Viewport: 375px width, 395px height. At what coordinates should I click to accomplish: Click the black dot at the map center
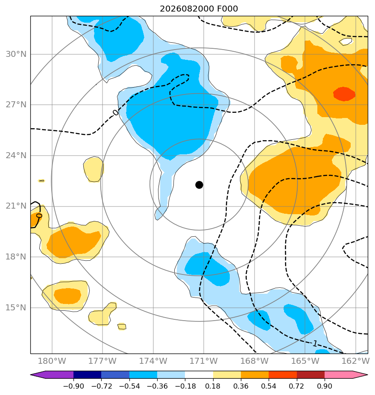199,185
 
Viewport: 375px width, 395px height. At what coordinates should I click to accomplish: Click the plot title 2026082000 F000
199,9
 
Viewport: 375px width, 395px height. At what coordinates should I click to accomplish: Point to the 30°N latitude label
16,54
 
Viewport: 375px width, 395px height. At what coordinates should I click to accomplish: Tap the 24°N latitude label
16,156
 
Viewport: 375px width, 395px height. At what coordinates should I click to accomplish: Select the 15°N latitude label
16,308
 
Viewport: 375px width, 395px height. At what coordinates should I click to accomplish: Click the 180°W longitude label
52,361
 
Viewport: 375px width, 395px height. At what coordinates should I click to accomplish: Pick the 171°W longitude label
203,361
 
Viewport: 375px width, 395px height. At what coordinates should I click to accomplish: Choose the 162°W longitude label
355,361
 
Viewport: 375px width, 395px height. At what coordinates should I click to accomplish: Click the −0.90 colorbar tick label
73,386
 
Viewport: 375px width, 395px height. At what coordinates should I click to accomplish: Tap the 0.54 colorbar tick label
269,386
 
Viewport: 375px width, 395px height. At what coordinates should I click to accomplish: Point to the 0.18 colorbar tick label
213,386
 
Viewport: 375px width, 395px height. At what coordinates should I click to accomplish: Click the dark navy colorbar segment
87,375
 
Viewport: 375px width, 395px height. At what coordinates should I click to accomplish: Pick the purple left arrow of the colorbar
52,375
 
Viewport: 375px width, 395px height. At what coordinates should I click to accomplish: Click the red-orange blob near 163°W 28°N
344,94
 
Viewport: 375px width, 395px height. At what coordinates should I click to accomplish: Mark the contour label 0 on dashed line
115,112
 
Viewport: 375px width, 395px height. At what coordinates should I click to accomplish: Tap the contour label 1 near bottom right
315,343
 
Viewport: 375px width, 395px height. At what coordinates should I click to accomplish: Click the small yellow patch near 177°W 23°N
94,169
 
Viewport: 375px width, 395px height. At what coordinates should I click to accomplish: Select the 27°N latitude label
16,105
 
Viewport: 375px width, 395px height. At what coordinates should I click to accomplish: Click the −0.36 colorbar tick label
157,386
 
